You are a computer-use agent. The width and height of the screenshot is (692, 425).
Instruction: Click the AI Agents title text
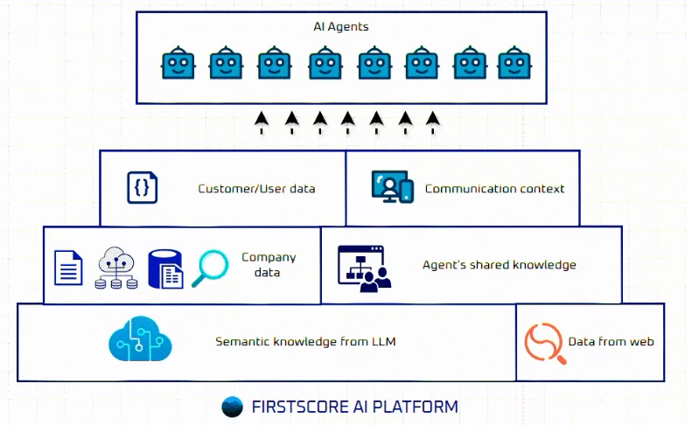(340, 27)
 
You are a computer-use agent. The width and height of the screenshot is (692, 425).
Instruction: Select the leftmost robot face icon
(177, 65)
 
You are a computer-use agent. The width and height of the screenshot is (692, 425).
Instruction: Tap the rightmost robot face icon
(514, 65)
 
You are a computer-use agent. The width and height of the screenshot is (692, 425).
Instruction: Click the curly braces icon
(143, 187)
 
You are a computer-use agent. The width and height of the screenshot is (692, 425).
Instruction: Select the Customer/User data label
(256, 188)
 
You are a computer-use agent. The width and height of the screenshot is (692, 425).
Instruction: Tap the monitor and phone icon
(391, 187)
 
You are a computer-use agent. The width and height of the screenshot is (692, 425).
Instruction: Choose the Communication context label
(494, 188)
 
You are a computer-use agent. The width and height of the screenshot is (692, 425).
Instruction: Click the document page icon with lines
(68, 268)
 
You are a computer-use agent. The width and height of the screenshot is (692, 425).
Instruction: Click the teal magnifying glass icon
(211, 266)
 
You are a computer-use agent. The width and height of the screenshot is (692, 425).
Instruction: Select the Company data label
(268, 265)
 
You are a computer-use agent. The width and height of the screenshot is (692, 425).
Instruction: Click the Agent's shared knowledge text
(499, 265)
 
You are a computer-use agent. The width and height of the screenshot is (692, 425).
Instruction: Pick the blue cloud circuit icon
(137, 341)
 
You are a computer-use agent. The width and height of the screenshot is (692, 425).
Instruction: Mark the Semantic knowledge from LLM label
(305, 341)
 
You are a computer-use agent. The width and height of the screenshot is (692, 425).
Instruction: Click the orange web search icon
(542, 342)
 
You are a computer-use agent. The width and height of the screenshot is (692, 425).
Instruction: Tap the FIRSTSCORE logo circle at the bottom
(232, 407)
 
